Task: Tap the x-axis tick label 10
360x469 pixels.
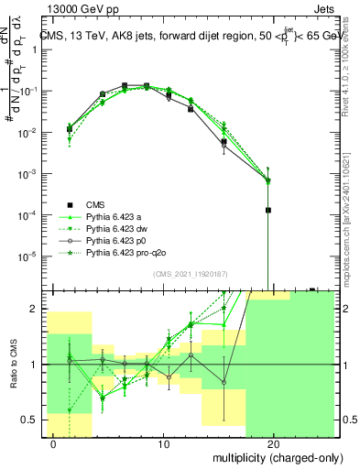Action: tap(163, 445)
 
